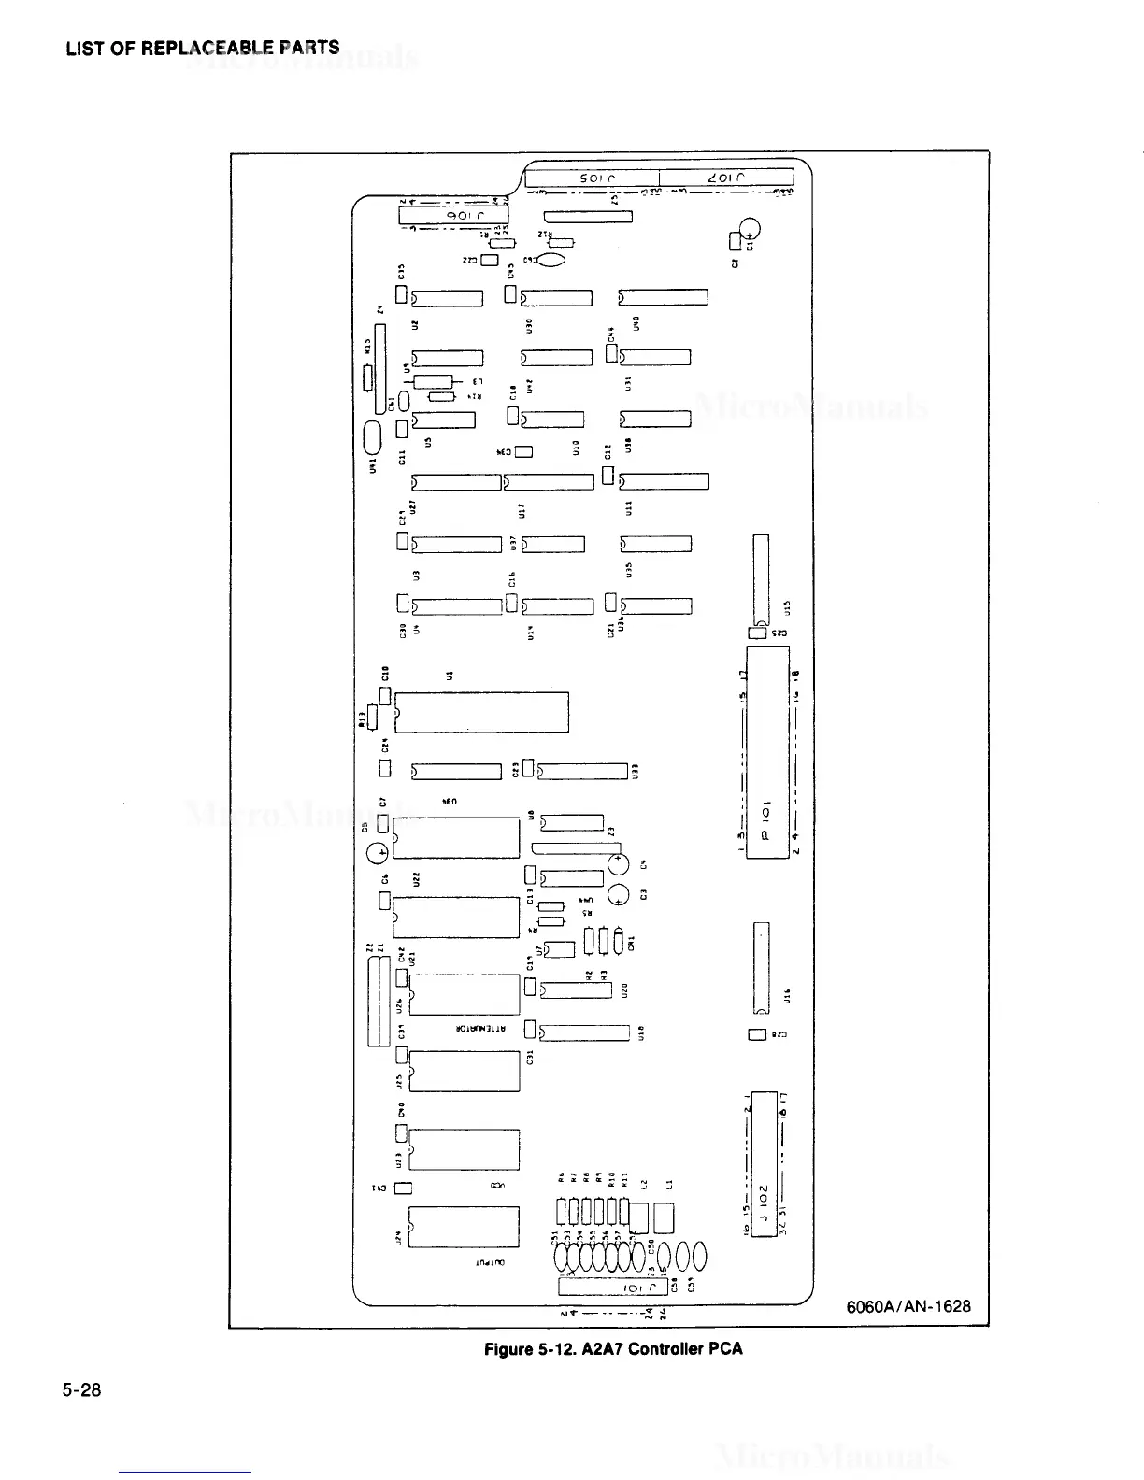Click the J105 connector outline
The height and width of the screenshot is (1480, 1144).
(593, 178)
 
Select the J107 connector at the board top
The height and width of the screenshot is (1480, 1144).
(726, 178)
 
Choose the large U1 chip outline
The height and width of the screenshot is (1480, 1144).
(482, 713)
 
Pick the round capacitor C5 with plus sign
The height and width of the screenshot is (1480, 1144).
(378, 852)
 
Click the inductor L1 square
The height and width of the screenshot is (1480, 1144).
(665, 1217)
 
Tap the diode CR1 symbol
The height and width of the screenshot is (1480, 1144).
(620, 941)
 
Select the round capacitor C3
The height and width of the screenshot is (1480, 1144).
(619, 895)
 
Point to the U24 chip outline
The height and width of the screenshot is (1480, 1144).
(464, 1227)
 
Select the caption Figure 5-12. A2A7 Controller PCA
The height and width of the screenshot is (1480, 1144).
(612, 1348)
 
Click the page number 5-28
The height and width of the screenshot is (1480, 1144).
(81, 1390)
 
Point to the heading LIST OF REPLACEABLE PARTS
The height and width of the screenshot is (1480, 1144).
(203, 48)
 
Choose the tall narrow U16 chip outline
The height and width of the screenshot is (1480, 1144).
(761, 969)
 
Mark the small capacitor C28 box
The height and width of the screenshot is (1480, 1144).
(758, 1034)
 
